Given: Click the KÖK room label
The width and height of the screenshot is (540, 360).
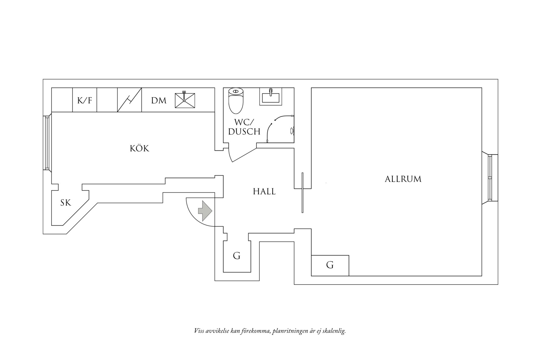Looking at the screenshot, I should coord(140,149).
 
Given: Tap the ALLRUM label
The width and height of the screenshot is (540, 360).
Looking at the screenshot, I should coord(403,179).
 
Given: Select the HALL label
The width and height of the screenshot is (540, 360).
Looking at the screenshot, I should coord(264,191).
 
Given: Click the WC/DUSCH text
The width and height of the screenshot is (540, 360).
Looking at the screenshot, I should coord(244,127).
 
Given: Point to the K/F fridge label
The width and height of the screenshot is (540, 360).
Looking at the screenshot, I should coord(85,100).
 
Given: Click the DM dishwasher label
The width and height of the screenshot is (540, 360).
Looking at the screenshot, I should coord(159,100).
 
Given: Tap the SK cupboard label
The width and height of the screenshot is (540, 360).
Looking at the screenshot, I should coord(66,203).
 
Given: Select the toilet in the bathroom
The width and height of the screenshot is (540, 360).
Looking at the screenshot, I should coord(236,100).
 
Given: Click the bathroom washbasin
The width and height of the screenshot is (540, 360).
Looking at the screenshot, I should coord(271,97).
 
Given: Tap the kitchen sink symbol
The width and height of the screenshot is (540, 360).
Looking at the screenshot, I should coord(185,100).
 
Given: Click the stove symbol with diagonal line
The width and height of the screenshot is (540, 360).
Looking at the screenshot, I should coord(130,100).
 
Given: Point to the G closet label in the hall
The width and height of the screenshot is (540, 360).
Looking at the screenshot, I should coord(237,256).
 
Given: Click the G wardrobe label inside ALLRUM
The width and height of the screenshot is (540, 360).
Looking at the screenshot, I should coord(330,265).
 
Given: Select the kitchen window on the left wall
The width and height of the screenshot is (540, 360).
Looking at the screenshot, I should coord(47,143).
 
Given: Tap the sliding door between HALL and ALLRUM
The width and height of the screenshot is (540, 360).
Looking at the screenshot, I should coord(302,193).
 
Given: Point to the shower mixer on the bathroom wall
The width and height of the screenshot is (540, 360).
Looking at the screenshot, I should coord(292,131).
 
